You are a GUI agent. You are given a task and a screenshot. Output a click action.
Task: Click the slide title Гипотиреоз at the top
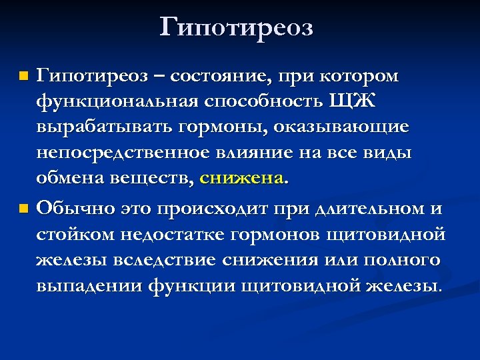237,28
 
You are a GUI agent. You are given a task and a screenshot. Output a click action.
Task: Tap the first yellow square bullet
24,77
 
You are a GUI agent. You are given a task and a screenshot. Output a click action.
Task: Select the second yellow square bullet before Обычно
24,209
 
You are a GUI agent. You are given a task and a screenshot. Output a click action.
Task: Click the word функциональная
117,101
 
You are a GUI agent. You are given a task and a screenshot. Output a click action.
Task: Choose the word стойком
73,234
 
